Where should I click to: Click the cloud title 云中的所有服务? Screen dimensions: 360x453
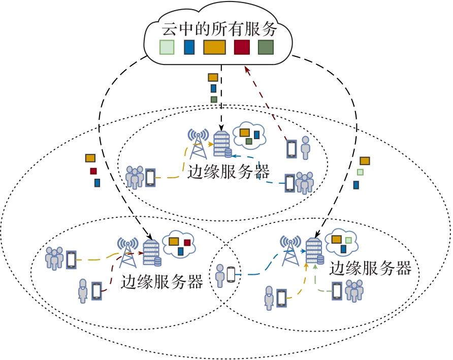[x=219, y=29]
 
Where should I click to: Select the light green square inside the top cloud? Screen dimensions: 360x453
[x=167, y=47]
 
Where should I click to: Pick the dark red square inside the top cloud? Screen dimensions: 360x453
[x=242, y=47]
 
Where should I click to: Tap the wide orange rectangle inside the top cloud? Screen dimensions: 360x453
[x=214, y=47]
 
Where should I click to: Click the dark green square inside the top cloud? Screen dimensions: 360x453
[x=266, y=47]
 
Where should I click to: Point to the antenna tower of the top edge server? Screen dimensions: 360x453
[x=199, y=143]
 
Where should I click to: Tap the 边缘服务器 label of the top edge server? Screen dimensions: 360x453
[x=228, y=171]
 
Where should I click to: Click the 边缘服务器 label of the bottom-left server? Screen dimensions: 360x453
[x=162, y=282]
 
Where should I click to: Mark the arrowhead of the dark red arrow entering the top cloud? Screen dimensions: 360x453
[x=245, y=68]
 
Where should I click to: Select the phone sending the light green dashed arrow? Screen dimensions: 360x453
[x=337, y=290]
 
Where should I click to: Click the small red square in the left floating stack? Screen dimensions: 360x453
[x=93, y=171]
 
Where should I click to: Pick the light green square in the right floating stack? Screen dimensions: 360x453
[x=360, y=172]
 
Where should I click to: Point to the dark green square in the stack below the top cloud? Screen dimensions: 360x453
[x=214, y=100]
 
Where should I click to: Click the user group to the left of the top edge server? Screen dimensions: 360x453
[x=135, y=177]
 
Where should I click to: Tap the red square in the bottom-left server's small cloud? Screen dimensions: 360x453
[x=187, y=242]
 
